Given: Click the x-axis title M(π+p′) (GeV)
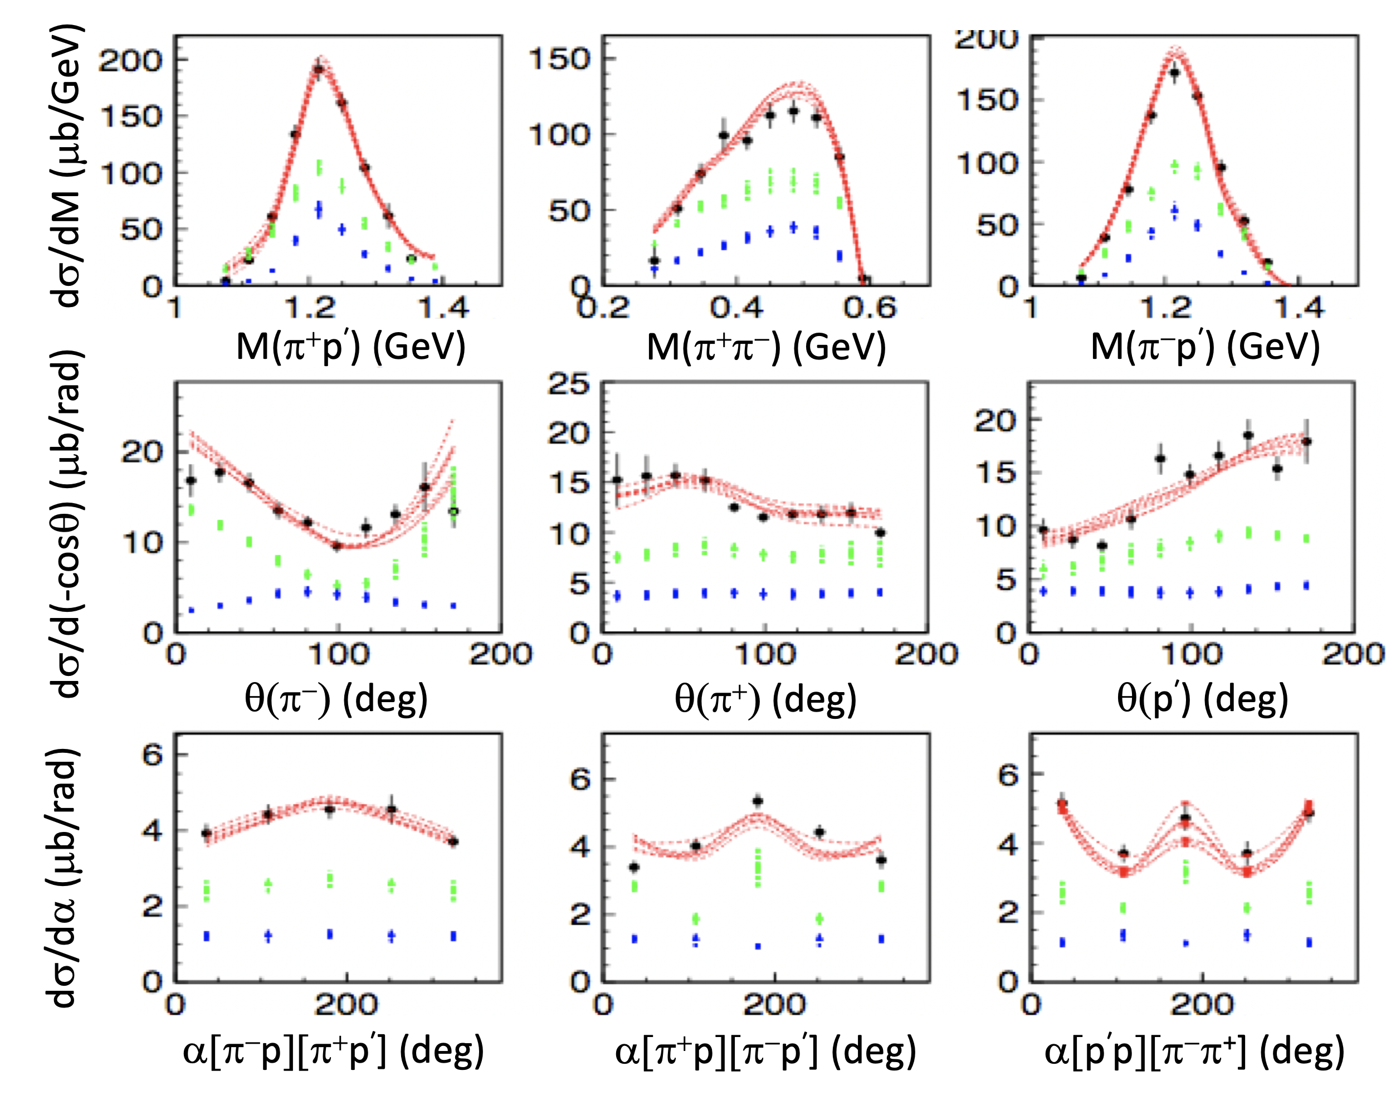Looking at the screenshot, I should pyautogui.click(x=351, y=347).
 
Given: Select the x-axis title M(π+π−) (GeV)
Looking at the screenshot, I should pyautogui.click(x=767, y=347).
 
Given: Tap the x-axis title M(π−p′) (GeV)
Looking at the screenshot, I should pyautogui.click(x=1206, y=347).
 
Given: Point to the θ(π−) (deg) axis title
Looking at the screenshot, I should pyautogui.click(x=336, y=699).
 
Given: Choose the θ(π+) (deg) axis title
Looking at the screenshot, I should pyautogui.click(x=765, y=699).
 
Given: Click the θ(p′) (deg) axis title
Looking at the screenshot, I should pyautogui.click(x=1203, y=699).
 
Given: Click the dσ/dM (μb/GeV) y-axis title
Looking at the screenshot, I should pyautogui.click(x=67, y=166).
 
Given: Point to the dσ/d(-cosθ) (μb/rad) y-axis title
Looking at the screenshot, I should pyautogui.click(x=67, y=524).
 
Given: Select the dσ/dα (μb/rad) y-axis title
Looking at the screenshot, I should pyautogui.click(x=64, y=878).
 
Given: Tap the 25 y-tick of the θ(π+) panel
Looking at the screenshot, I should pyautogui.click(x=568, y=384).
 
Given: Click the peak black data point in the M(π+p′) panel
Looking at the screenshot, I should pyautogui.click(x=319, y=69).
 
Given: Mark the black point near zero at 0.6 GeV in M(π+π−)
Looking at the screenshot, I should pyautogui.click(x=865, y=279).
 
